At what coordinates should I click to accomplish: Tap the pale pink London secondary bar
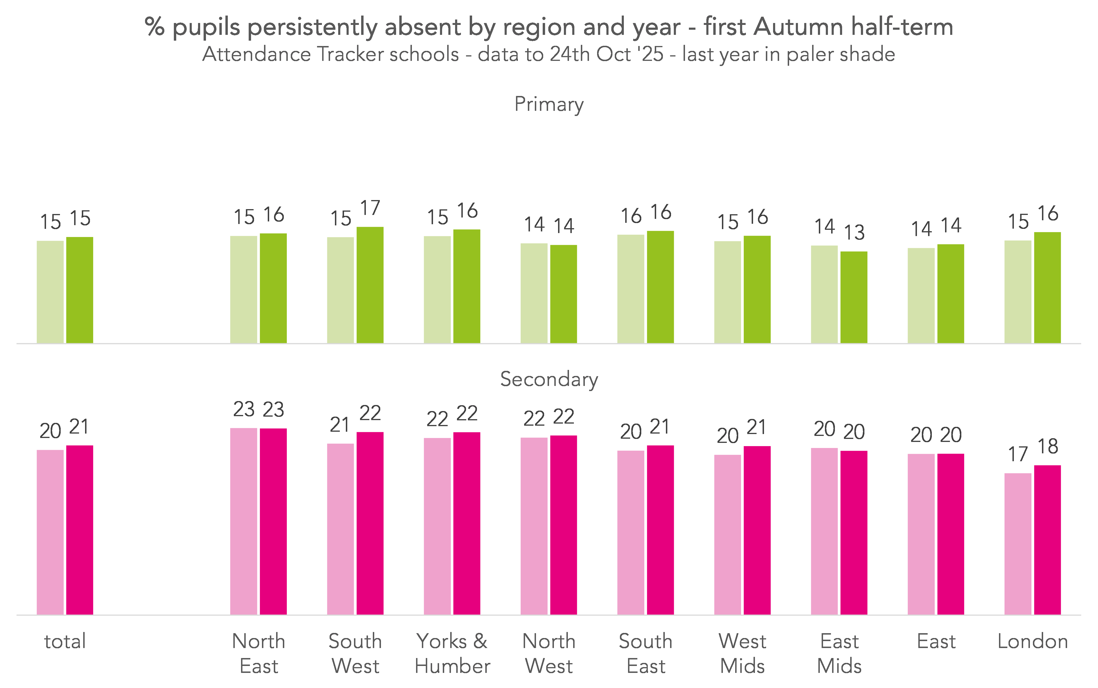click(x=1018, y=544)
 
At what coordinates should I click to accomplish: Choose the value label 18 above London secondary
click(x=1048, y=446)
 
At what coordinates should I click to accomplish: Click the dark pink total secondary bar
click(x=80, y=530)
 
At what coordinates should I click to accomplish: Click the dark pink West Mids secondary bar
click(x=757, y=530)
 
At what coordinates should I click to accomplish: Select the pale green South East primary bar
click(x=631, y=289)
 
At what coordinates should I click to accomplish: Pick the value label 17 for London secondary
click(x=1018, y=454)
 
